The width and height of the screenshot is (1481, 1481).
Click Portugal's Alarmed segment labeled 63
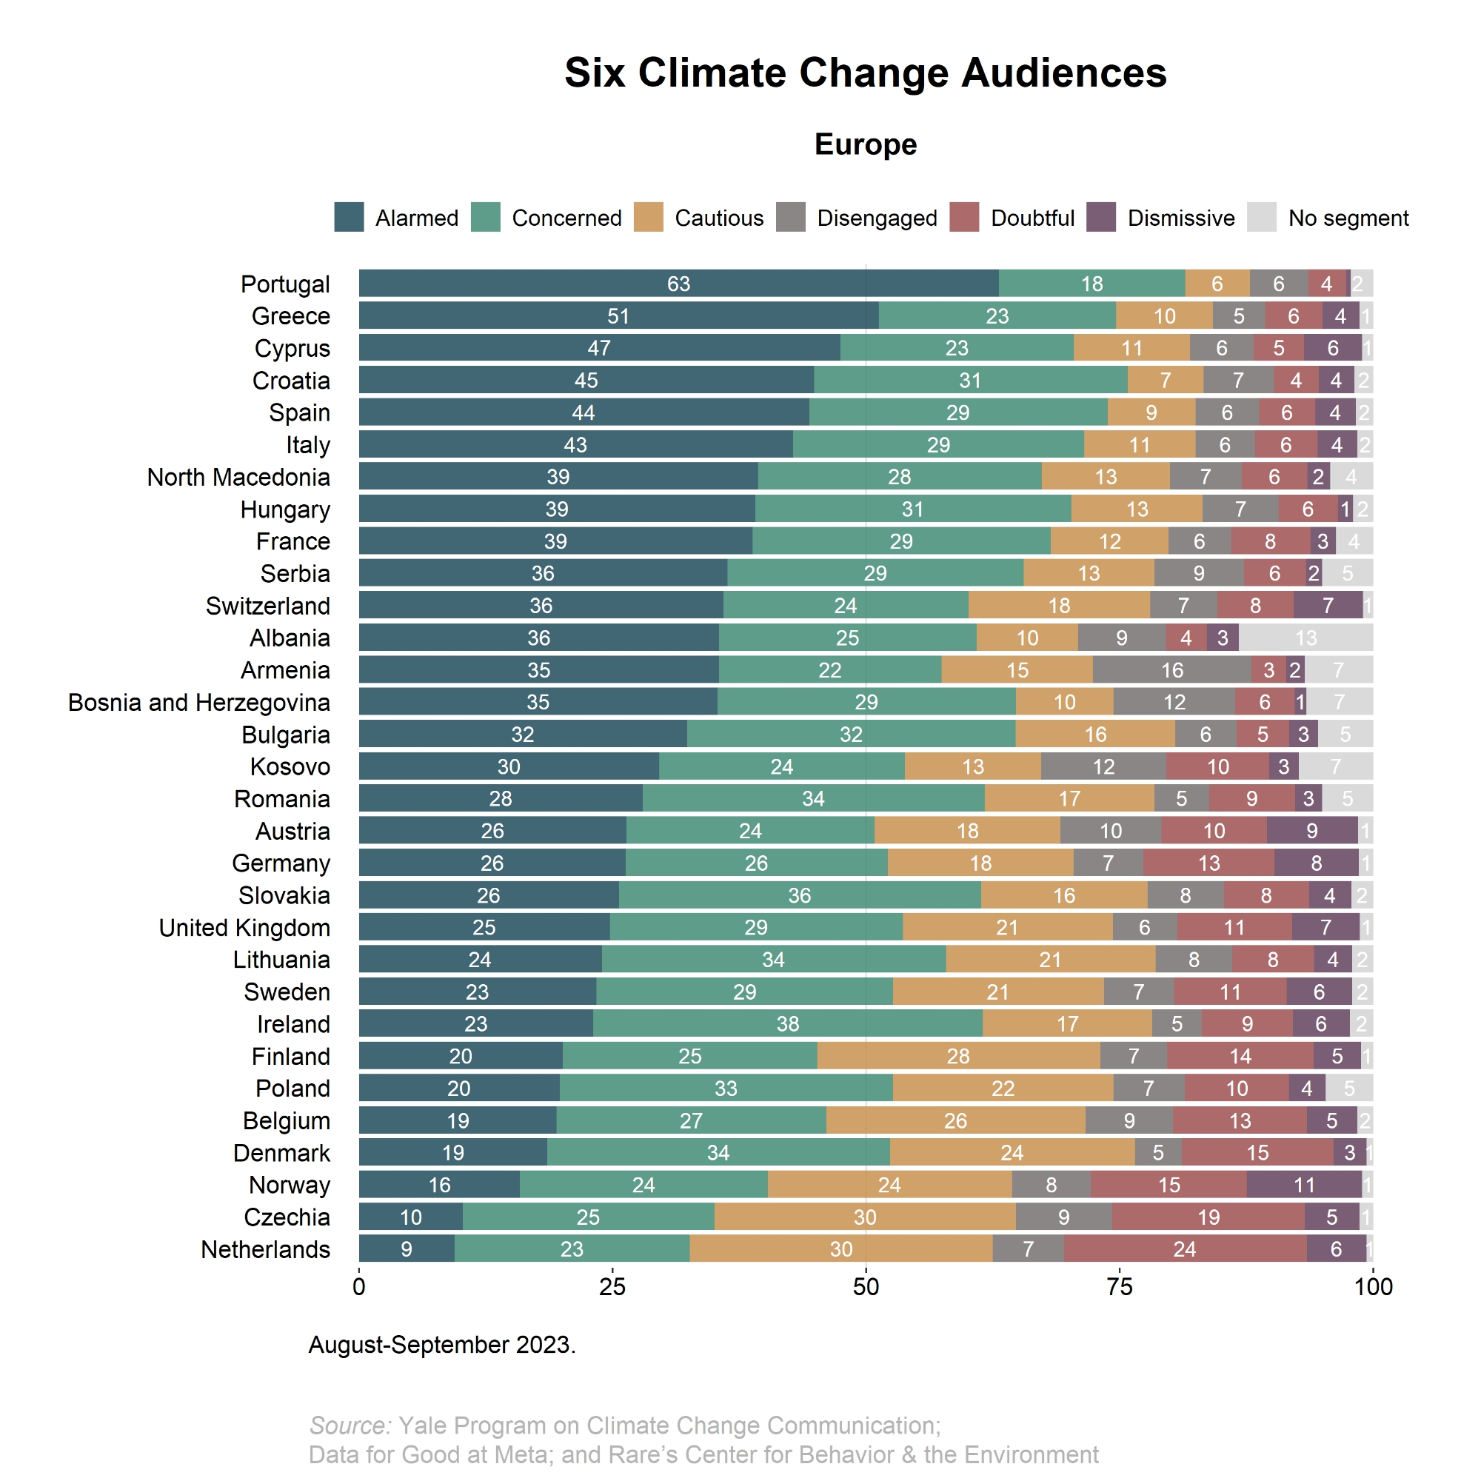pos(678,284)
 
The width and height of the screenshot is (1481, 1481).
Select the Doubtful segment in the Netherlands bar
pos(1184,1249)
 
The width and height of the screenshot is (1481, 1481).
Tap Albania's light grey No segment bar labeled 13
pos(1306,638)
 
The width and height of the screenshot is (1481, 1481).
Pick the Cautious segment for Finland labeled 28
pos(958,1057)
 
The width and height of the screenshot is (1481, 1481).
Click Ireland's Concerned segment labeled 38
pos(787,1024)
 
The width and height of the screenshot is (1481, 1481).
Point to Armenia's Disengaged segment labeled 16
pos(1172,670)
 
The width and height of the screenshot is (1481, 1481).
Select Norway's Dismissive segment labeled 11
pos(1304,1185)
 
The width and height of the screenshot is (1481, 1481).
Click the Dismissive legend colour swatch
pos(1102,218)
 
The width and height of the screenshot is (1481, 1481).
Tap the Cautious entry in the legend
pos(718,218)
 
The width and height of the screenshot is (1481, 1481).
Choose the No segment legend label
pos(1348,218)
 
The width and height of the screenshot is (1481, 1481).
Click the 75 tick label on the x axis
pos(1119,1286)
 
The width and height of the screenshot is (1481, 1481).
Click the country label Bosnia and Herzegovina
pos(199,702)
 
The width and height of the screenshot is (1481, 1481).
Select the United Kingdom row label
pos(244,928)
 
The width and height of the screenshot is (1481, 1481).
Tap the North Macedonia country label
pos(238,477)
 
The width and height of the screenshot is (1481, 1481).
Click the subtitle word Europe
pos(866,144)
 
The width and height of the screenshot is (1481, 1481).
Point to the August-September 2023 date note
pos(441,1345)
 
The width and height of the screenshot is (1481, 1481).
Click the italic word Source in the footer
pos(350,1425)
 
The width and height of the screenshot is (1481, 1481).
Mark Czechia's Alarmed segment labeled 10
pos(411,1217)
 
